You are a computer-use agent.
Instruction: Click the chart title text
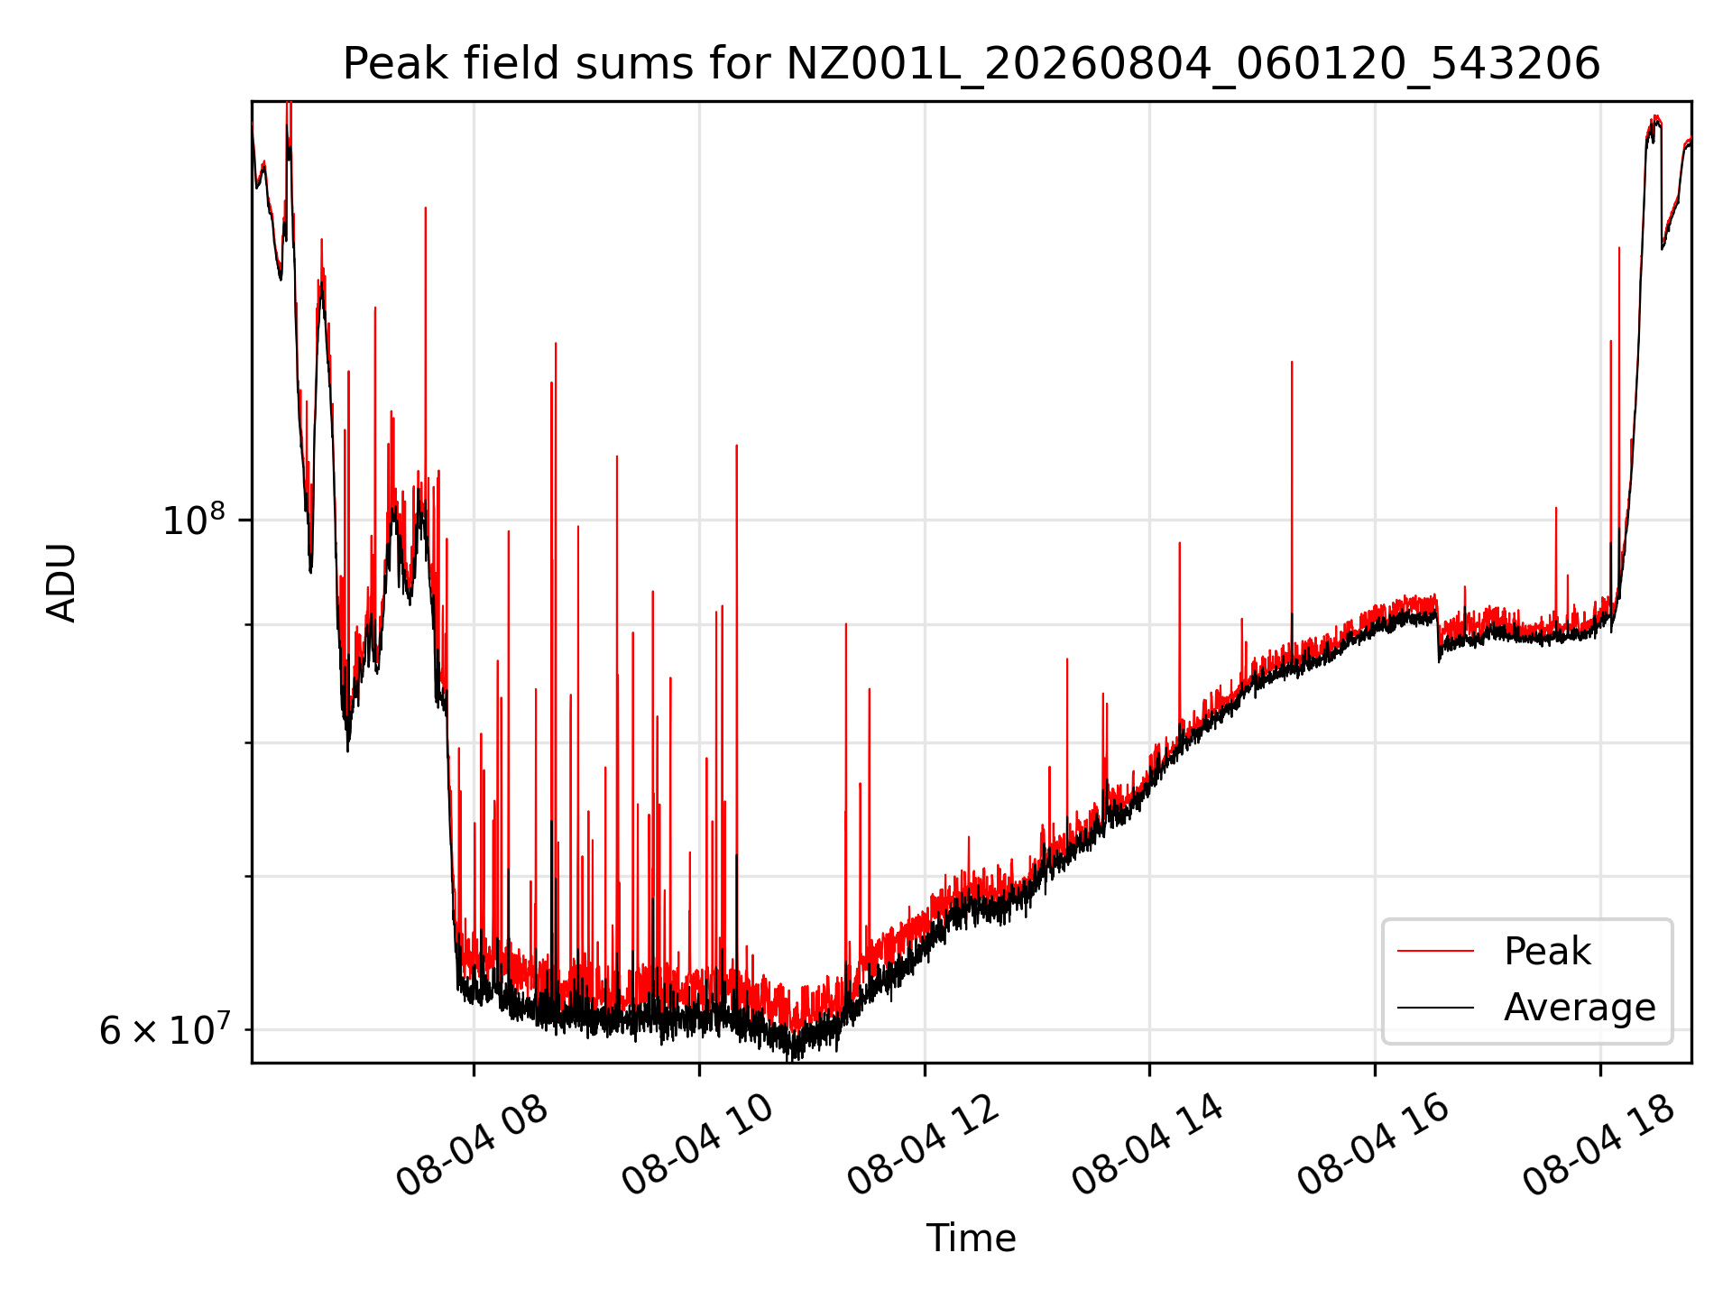pyautogui.click(x=972, y=64)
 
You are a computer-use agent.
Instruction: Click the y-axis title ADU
pyautogui.click(x=61, y=583)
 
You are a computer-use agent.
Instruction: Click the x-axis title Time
pyautogui.click(x=972, y=1239)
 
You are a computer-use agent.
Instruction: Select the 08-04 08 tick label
pyautogui.click(x=472, y=1145)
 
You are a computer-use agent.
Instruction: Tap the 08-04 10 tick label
pyautogui.click(x=697, y=1145)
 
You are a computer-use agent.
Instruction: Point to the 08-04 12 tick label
pyautogui.click(x=923, y=1145)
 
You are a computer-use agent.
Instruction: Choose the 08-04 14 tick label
pyautogui.click(x=1147, y=1145)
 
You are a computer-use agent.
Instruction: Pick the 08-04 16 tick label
pyautogui.click(x=1373, y=1145)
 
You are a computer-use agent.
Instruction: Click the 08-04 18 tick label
pyautogui.click(x=1598, y=1145)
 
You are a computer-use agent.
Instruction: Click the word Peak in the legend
pyautogui.click(x=1547, y=952)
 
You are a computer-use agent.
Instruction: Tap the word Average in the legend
pyautogui.click(x=1580, y=1008)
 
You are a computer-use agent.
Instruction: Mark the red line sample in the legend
pyautogui.click(x=1435, y=951)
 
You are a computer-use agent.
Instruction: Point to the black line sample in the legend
pyautogui.click(x=1435, y=1007)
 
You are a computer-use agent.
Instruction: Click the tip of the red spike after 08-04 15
pyautogui.click(x=1292, y=362)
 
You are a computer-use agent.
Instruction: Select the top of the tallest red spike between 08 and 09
pyautogui.click(x=556, y=344)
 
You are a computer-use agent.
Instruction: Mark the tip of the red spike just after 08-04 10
pyautogui.click(x=737, y=446)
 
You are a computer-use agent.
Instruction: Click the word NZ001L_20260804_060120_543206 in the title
pyautogui.click(x=1193, y=64)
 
